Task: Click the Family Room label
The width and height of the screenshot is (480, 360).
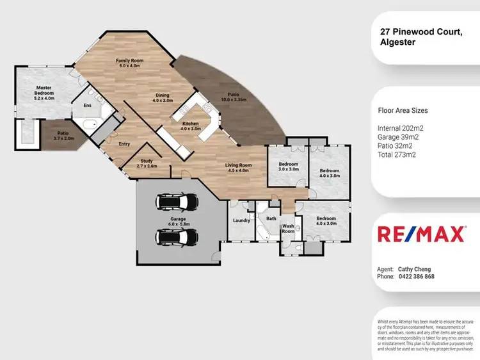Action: click(129, 63)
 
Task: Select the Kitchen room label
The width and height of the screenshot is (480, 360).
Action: click(191, 126)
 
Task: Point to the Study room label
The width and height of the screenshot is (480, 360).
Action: click(147, 163)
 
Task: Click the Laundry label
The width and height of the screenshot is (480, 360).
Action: click(241, 220)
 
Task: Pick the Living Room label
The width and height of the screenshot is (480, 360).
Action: click(238, 168)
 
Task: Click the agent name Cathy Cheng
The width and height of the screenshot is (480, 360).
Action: click(413, 269)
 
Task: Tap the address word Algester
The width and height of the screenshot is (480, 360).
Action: click(397, 43)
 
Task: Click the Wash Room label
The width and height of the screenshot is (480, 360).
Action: click(288, 229)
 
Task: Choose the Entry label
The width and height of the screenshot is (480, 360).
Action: click(124, 144)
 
